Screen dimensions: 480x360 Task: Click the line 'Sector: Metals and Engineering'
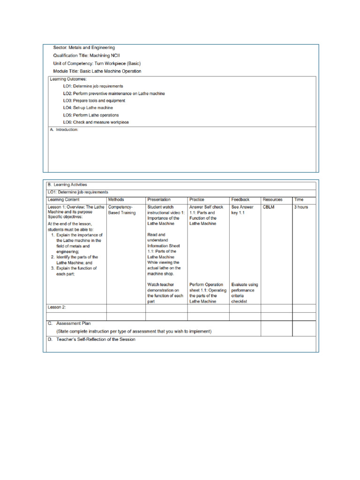(84, 47)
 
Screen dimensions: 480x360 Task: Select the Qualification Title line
(87, 55)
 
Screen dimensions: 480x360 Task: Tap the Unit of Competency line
(97, 63)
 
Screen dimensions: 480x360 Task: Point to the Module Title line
(97, 71)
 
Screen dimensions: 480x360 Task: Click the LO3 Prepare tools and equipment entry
(94, 100)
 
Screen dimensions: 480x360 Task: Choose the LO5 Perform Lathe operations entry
(91, 115)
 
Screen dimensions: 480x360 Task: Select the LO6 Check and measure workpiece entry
(96, 122)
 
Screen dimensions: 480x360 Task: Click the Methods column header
(116, 199)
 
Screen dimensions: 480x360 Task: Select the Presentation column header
(159, 199)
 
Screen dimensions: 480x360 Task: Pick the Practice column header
(197, 199)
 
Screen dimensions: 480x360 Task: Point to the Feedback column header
(240, 199)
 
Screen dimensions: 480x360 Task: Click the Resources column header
(272, 199)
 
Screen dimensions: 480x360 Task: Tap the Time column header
(299, 199)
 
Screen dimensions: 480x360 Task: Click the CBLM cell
(269, 207)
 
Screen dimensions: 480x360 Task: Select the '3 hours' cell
(301, 207)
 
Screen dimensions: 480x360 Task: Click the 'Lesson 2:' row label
(57, 307)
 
